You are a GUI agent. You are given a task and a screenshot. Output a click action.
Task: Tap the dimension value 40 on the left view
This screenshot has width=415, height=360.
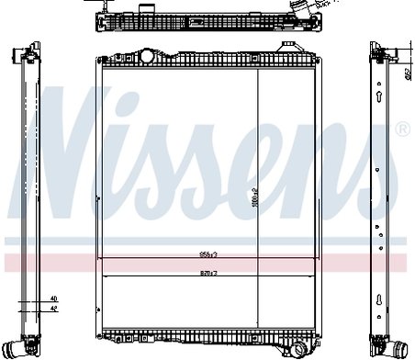54,299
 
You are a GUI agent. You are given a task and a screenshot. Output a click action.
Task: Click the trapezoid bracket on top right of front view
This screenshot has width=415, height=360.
290,56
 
